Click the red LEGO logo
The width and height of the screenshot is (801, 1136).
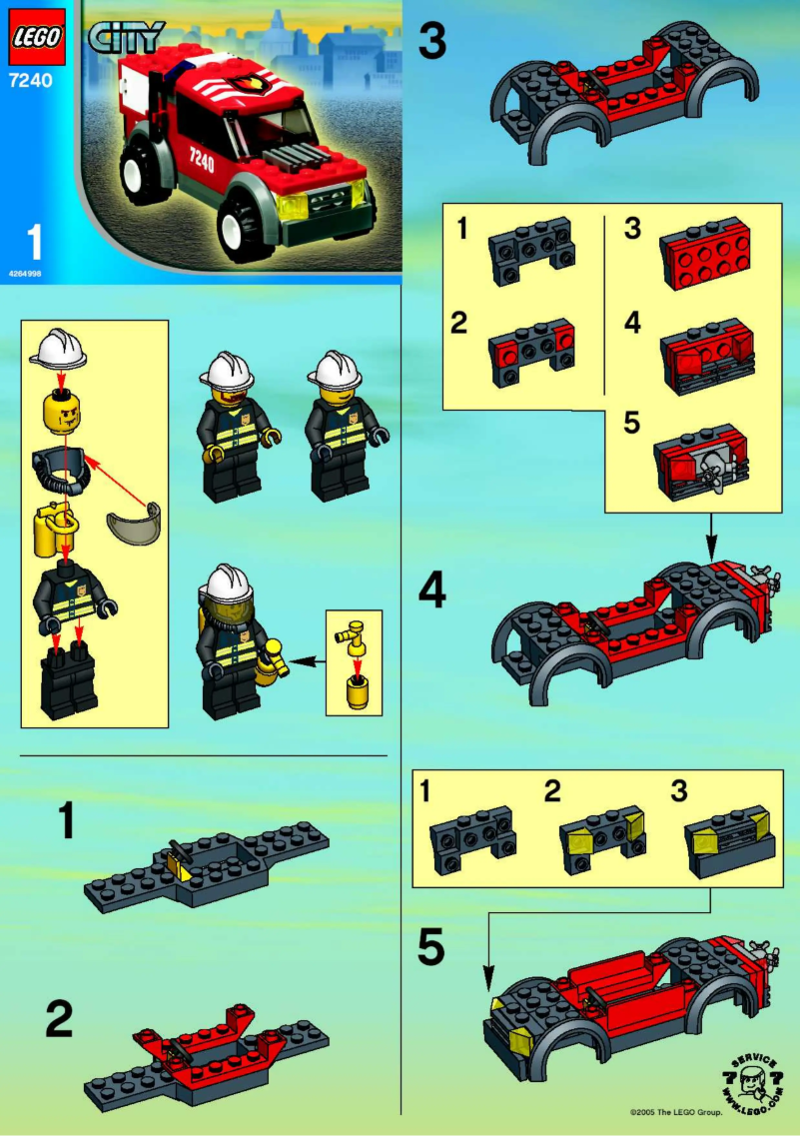pyautogui.click(x=37, y=38)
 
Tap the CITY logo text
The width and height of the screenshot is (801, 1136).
pyautogui.click(x=126, y=39)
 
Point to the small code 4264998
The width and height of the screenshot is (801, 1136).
pyautogui.click(x=26, y=273)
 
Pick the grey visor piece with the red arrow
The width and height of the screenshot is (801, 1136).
pyautogui.click(x=133, y=524)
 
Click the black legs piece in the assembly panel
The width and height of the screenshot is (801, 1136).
pyautogui.click(x=69, y=681)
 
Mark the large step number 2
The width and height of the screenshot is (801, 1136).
pyautogui.click(x=59, y=1020)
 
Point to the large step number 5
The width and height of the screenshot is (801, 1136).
pyautogui.click(x=431, y=948)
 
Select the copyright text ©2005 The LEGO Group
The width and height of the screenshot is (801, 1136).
pyautogui.click(x=675, y=1110)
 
